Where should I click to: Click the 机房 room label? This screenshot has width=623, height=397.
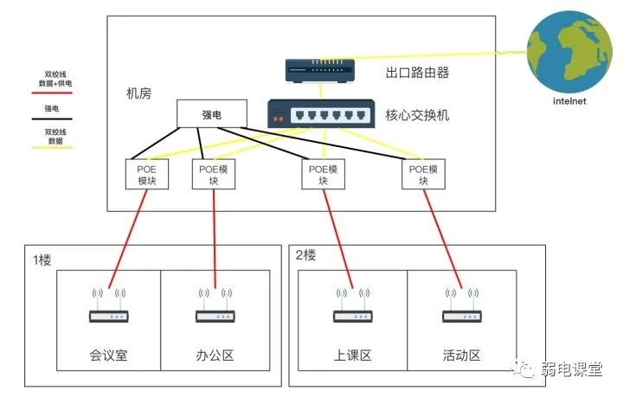pos(138,93)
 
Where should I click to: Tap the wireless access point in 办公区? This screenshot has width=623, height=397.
pos(215,311)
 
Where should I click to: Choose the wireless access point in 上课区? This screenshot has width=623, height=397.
pos(351,311)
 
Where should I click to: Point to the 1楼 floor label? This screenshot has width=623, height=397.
pos(43,259)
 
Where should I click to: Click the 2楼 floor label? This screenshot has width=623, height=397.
pos(306,255)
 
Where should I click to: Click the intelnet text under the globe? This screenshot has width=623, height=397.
pos(569,101)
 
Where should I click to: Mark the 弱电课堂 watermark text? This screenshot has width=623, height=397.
pos(571,368)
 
